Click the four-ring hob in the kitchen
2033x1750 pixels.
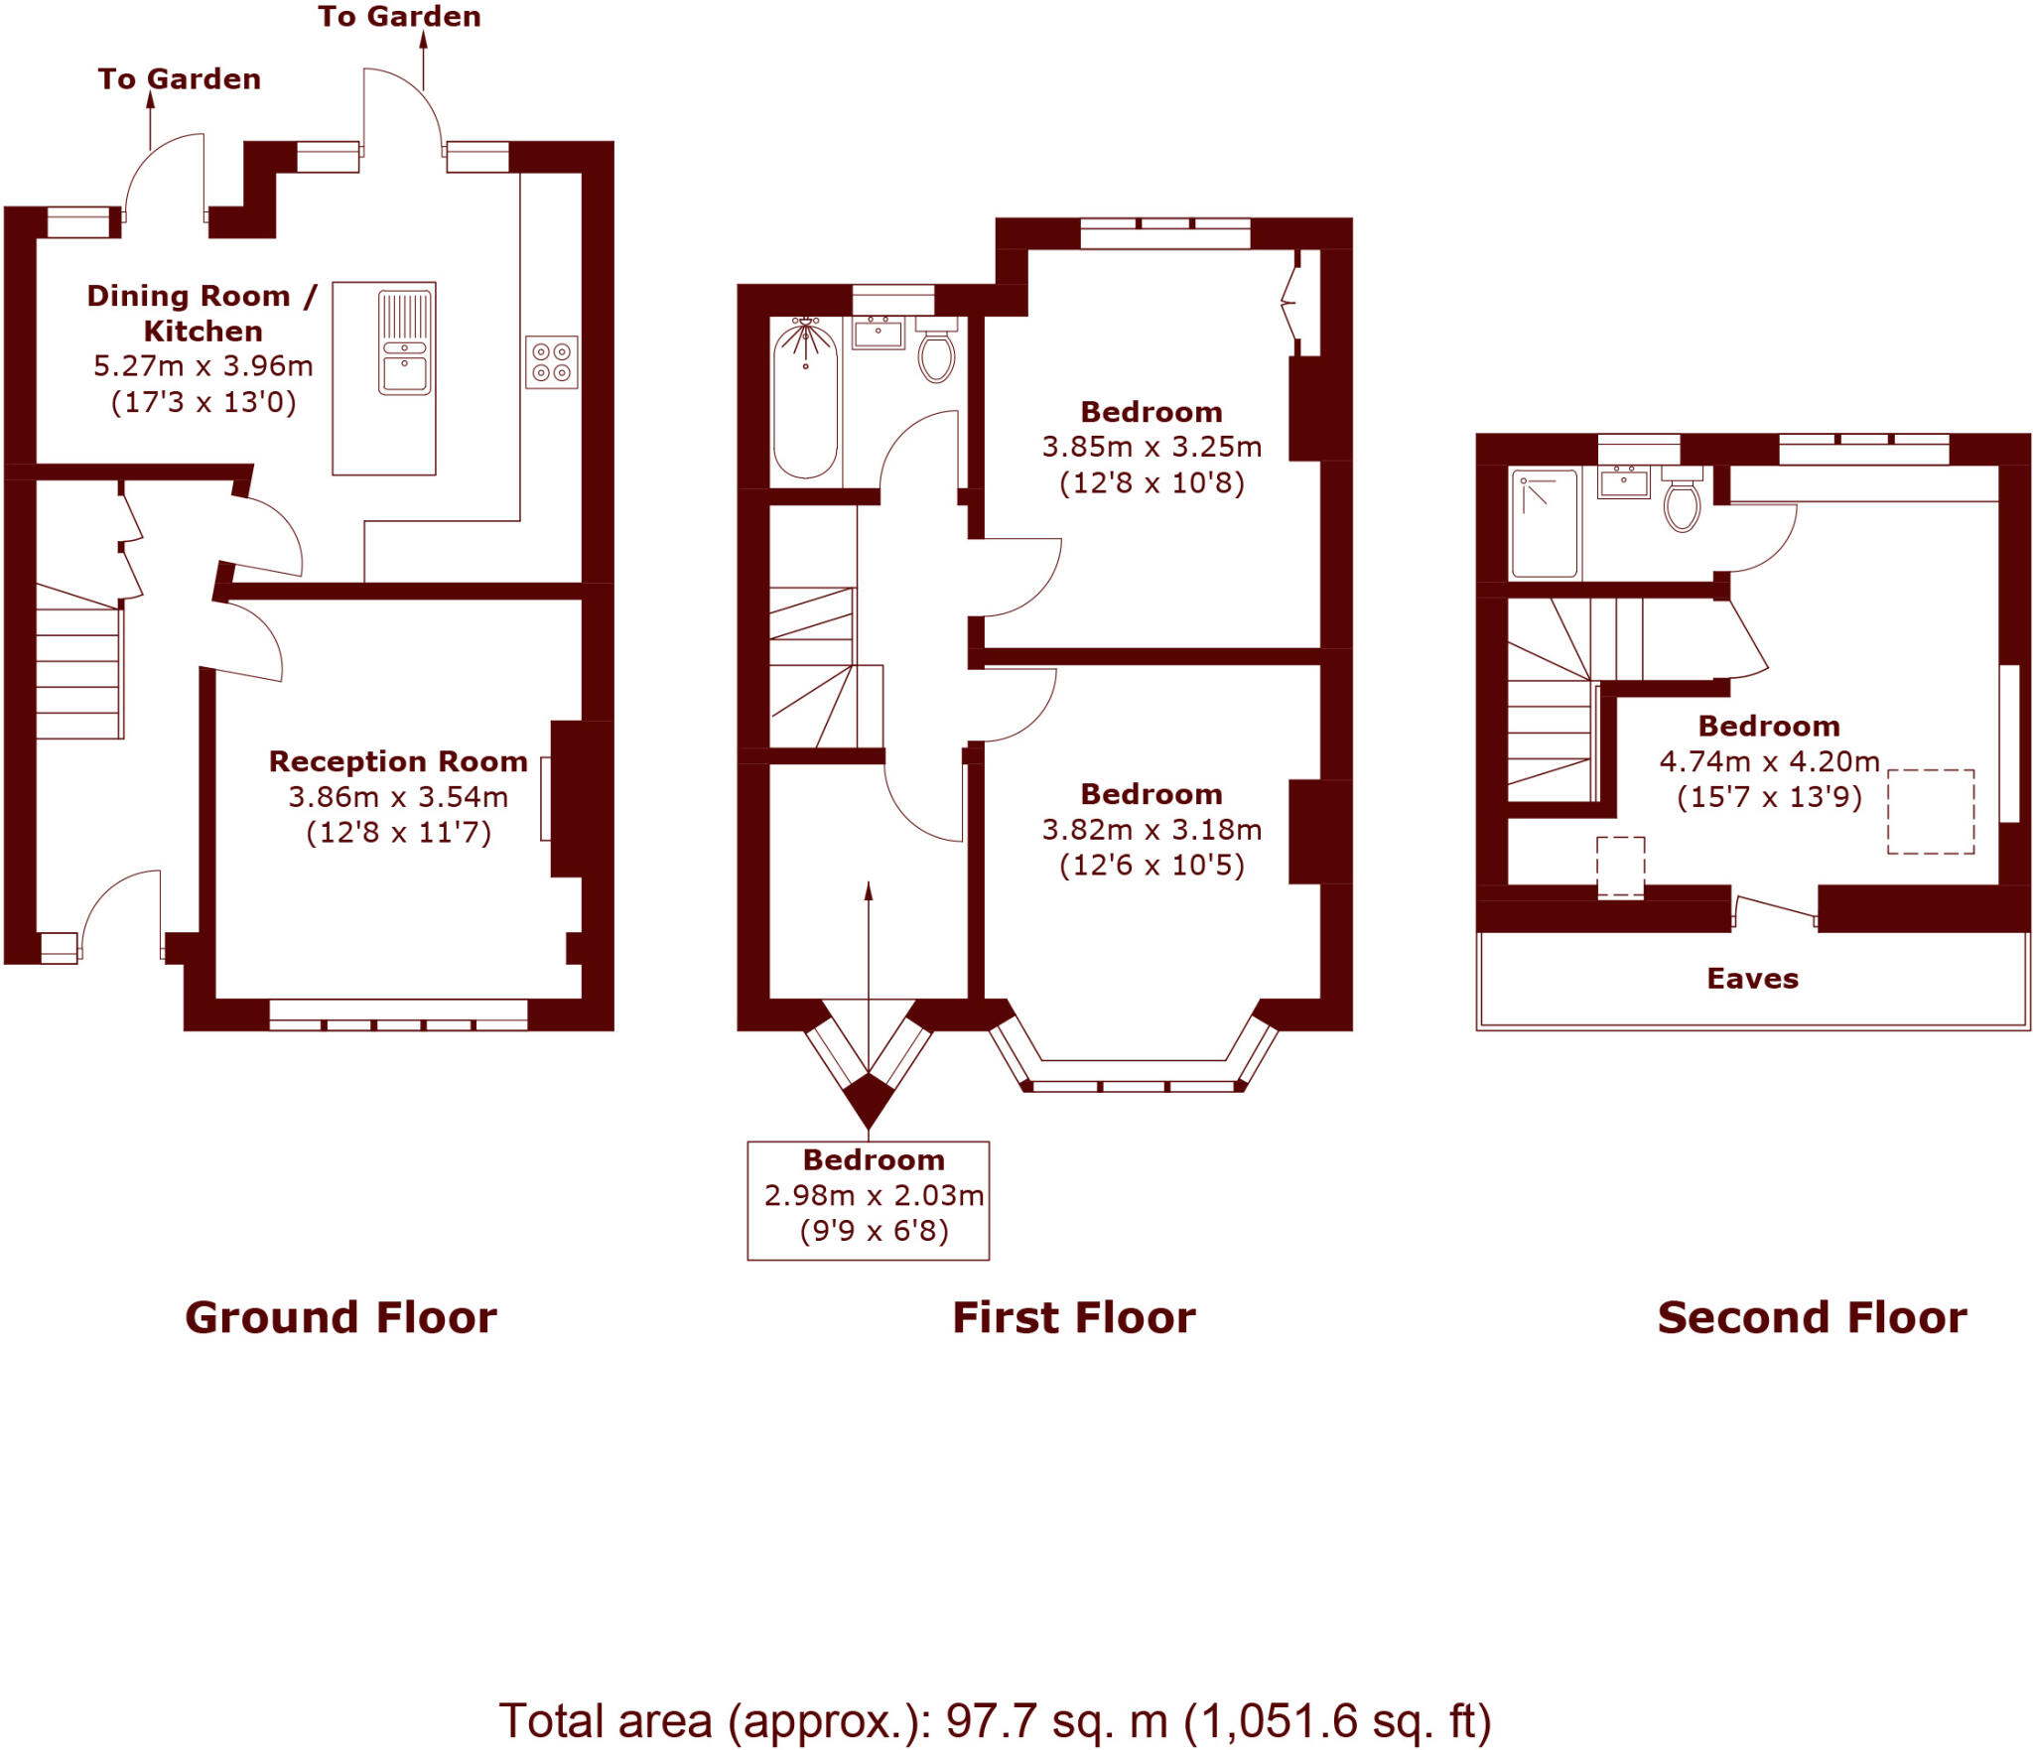551,362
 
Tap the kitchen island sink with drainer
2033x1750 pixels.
404,342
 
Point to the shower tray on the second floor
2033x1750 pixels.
1544,524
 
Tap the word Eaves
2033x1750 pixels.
1752,979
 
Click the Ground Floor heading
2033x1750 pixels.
340,1318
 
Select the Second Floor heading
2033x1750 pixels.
1812,1318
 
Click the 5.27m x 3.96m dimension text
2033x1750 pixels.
203,366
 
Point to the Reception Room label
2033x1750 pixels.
398,761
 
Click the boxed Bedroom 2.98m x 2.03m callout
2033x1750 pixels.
869,1200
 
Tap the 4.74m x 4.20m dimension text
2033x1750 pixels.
1769,761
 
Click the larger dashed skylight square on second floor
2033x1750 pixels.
1930,811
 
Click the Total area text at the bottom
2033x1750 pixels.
995,1721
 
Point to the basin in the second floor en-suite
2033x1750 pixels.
1623,482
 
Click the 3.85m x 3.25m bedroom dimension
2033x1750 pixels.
1152,448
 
